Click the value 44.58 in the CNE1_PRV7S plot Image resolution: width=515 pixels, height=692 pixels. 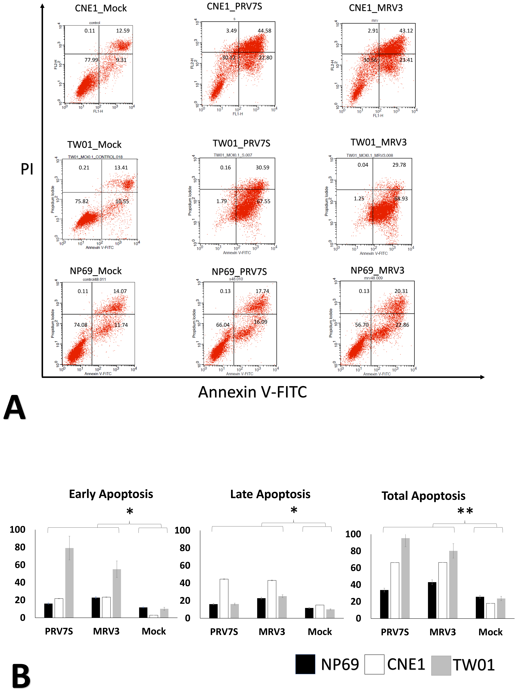point(264,31)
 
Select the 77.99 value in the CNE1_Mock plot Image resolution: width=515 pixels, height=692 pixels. point(91,60)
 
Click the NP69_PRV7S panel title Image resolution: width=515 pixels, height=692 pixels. point(239,272)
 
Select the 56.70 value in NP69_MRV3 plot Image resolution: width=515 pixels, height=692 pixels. point(362,325)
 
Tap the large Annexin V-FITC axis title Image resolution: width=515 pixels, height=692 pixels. point(253,392)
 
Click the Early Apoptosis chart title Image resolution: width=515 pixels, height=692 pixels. point(111,494)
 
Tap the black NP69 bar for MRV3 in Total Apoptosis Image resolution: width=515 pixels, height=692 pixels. point(432,600)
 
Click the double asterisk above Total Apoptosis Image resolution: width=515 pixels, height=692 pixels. point(465,511)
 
